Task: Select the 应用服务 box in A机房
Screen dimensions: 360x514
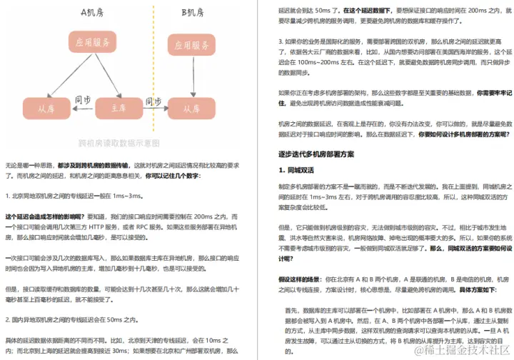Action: pyautogui.click(x=91, y=43)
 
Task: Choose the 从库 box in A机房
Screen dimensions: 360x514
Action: pyautogui.click(x=47, y=109)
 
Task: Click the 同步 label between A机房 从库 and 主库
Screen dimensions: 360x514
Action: pyautogui.click(x=84, y=99)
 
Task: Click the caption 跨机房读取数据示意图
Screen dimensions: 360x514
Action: pyautogui.click(x=119, y=143)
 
